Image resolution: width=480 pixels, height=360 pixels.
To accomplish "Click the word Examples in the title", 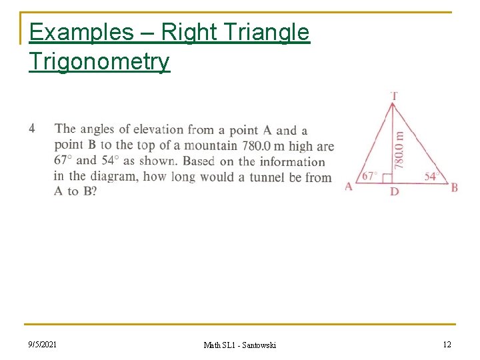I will click(x=72, y=32).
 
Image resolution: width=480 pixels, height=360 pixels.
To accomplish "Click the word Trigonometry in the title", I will click(x=99, y=61).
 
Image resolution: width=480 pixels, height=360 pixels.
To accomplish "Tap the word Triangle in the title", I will click(x=269, y=32).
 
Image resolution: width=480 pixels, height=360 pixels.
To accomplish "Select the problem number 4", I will click(x=32, y=128).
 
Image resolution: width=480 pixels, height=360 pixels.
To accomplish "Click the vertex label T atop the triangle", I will click(x=395, y=96).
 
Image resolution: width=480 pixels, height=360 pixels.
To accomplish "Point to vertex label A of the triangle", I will click(x=349, y=187).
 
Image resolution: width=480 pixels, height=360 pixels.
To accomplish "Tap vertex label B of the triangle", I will click(x=455, y=187).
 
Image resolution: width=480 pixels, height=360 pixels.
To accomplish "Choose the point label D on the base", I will click(x=395, y=192).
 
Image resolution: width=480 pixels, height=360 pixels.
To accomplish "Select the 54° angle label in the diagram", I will click(x=431, y=176).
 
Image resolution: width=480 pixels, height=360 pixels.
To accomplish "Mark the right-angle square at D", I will click(x=388, y=178).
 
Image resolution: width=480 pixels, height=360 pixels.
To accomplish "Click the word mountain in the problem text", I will click(x=210, y=145).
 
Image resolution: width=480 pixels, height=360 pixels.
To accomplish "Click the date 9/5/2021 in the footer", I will click(x=43, y=344).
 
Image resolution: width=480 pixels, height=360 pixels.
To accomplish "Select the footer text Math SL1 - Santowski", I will click(x=239, y=345).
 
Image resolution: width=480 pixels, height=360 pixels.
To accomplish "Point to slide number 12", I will click(x=447, y=344).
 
